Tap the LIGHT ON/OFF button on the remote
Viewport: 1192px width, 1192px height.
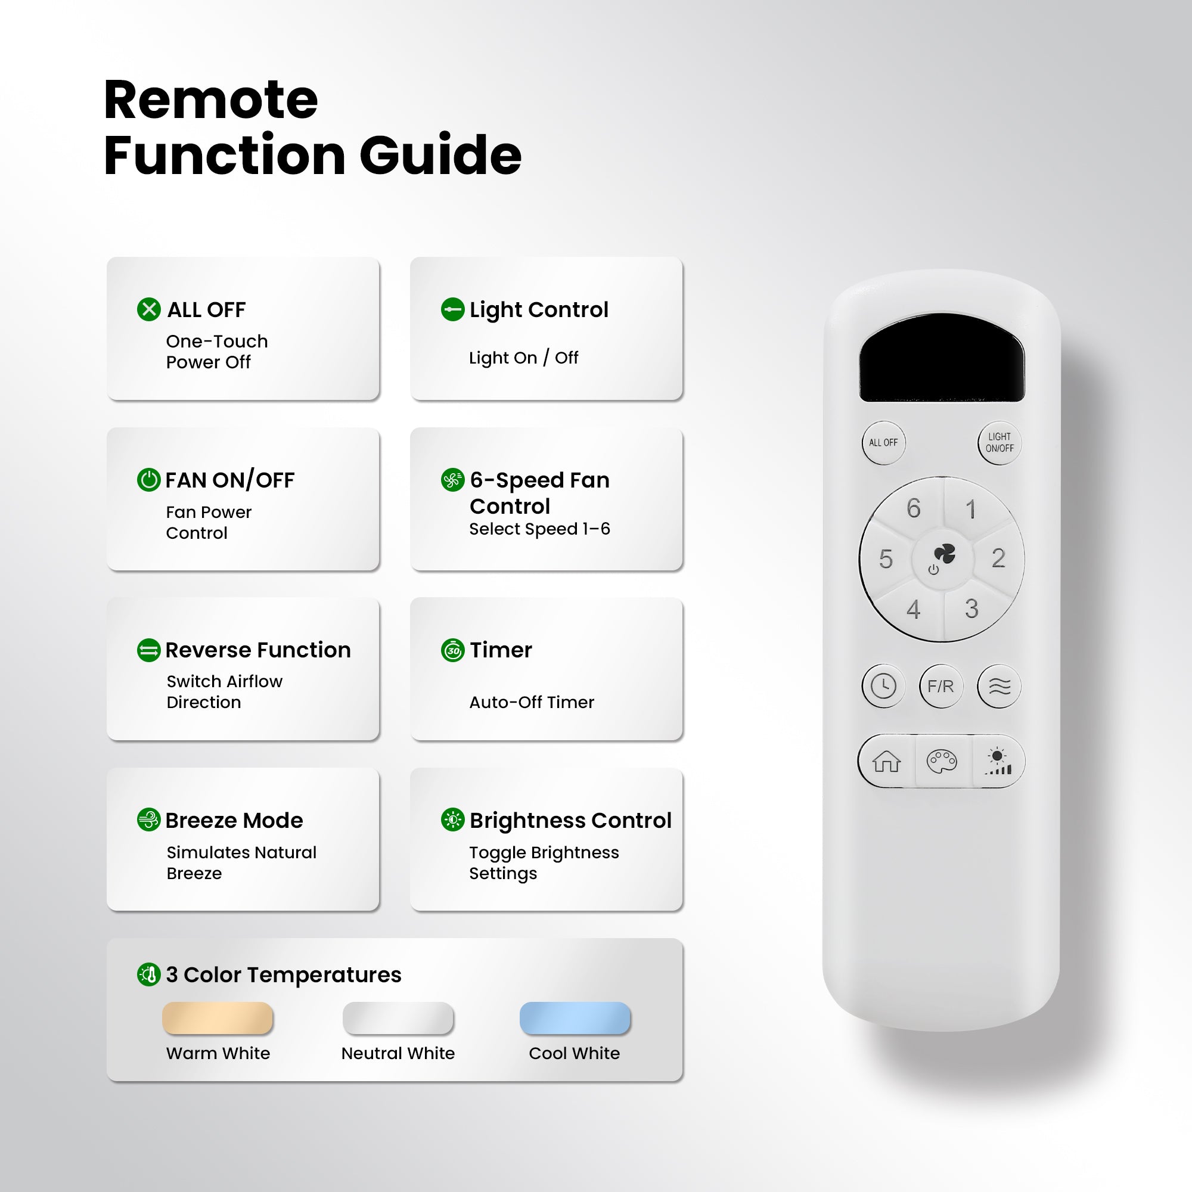click(999, 442)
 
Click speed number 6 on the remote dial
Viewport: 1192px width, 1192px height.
click(913, 508)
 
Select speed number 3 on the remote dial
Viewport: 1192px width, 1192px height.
click(971, 609)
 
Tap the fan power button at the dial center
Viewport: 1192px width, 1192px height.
click(942, 558)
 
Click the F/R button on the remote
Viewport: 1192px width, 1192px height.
click(941, 686)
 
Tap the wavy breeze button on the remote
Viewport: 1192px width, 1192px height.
click(999, 686)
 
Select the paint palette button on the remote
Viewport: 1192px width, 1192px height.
click(942, 761)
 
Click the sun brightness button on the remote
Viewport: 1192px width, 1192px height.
click(998, 761)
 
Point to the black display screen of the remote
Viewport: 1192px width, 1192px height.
click(942, 358)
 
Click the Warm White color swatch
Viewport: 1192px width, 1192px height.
click(217, 1017)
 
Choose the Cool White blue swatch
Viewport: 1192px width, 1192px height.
click(575, 1017)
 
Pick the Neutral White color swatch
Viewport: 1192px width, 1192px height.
click(398, 1017)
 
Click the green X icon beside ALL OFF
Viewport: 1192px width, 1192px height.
click(148, 309)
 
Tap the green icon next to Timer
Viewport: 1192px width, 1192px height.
click(453, 650)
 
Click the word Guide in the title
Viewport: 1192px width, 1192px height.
click(440, 154)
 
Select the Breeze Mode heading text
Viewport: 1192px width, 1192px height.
click(234, 820)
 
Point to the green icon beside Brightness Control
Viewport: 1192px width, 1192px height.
click(453, 819)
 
